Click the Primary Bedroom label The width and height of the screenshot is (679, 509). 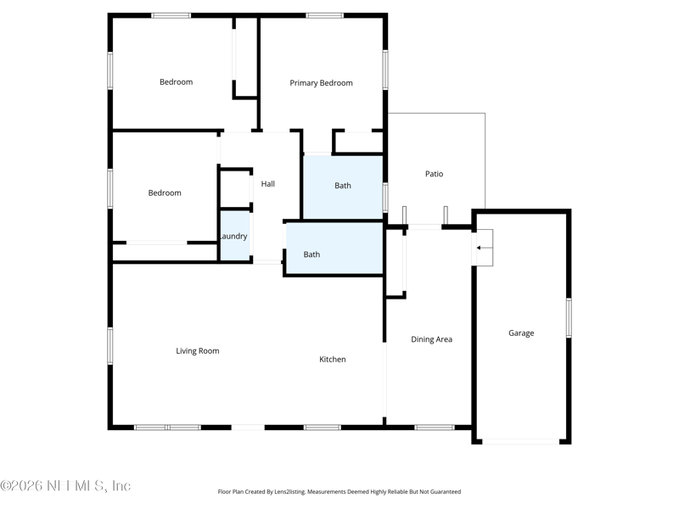point(321,83)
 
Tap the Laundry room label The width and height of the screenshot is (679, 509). point(233,237)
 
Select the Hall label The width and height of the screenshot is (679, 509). point(267,184)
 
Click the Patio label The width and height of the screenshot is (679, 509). point(434,174)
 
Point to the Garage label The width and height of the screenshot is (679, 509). point(521,333)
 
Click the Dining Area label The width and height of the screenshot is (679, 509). point(431,339)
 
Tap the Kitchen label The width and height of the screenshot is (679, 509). point(332,360)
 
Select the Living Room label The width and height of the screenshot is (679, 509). point(198,351)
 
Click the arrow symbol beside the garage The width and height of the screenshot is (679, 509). point(484,248)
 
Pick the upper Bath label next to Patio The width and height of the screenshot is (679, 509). point(342,186)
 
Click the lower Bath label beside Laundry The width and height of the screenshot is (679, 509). point(311,255)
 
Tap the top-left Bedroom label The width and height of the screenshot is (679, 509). point(176,82)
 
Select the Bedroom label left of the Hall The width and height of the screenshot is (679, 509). point(165,193)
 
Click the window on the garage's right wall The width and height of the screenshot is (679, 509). point(569,318)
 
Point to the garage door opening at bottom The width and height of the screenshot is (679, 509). point(521,441)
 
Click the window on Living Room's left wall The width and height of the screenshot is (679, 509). point(109,346)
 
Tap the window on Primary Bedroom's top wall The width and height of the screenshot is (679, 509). point(324,15)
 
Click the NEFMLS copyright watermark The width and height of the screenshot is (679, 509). point(65,486)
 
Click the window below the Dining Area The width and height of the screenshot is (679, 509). point(434,427)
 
